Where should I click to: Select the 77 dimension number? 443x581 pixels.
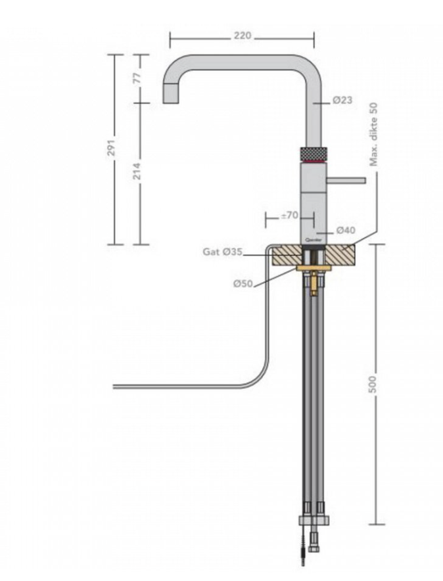137,78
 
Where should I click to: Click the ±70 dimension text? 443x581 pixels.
289,215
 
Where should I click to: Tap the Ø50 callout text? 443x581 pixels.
244,284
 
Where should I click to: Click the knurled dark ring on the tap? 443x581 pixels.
313,153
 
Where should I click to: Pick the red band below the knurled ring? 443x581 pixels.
313,161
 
